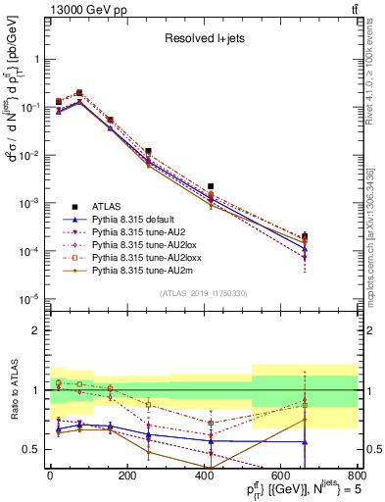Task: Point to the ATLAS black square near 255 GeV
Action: tap(148, 151)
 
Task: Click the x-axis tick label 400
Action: tap(204, 477)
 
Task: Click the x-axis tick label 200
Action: tap(126, 477)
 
